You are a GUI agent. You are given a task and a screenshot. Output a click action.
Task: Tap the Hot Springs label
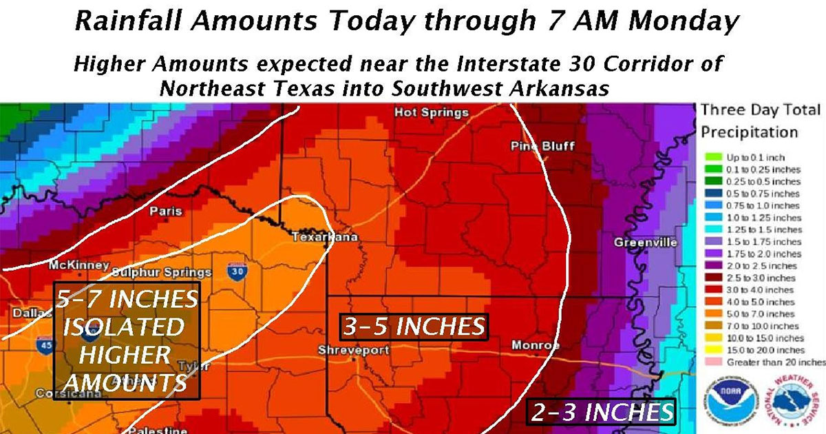point(431,112)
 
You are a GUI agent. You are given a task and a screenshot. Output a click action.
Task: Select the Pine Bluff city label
point(542,146)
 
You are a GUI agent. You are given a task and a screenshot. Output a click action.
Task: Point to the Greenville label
point(645,242)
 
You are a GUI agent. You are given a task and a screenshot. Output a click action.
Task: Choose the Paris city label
point(166,211)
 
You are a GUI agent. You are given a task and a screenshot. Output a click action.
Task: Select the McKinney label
point(78,265)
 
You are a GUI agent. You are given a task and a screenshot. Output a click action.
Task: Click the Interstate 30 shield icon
point(238,270)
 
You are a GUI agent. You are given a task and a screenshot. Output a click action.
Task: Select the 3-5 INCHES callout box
point(414,327)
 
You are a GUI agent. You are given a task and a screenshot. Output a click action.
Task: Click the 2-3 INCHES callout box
point(601,412)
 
